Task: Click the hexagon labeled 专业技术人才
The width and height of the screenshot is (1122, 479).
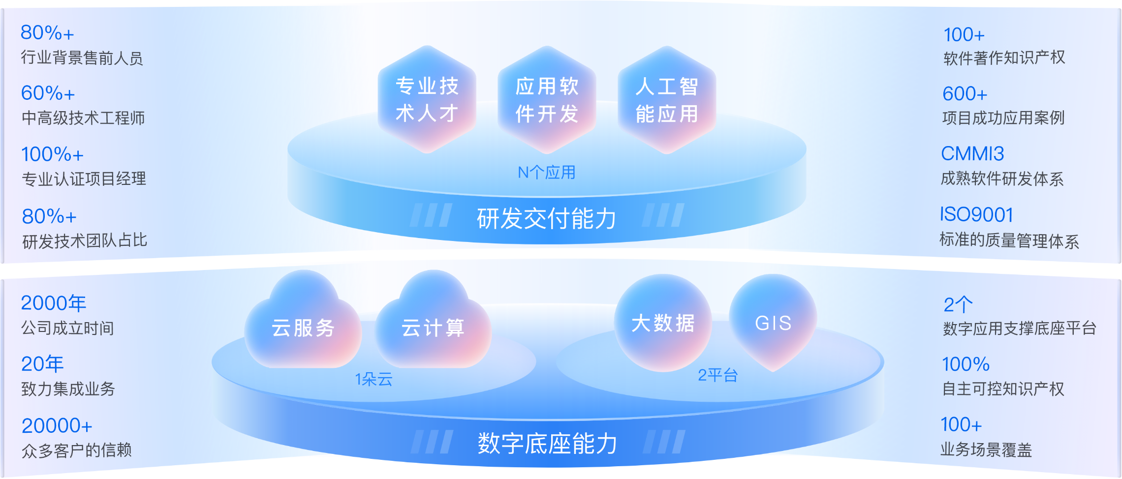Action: pos(427,99)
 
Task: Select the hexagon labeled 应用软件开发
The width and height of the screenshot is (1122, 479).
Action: pos(547,99)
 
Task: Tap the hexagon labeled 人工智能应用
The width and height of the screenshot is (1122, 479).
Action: pos(667,99)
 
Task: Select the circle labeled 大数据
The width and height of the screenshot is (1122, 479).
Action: pos(663,323)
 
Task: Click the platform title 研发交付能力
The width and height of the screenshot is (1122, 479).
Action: pos(547,219)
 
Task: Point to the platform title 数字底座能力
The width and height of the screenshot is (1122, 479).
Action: pos(547,443)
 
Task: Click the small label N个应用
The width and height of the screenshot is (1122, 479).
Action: pos(546,173)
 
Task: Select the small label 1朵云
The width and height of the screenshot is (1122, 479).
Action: pos(374,379)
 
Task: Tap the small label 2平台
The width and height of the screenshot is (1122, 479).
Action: pos(718,376)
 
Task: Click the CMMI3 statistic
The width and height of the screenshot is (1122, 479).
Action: pos(972,154)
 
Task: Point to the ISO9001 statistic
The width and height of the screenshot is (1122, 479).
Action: pos(976,214)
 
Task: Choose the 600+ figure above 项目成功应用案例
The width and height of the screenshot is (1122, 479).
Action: pos(965,93)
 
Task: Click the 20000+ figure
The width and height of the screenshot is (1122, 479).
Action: pos(57,426)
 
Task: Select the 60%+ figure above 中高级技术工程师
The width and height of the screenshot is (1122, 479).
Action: pos(48,93)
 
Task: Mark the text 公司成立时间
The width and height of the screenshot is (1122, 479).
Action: pos(68,328)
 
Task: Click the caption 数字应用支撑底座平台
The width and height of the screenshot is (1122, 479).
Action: pos(1020,328)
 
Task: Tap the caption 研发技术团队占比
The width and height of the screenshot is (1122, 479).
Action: pos(85,240)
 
